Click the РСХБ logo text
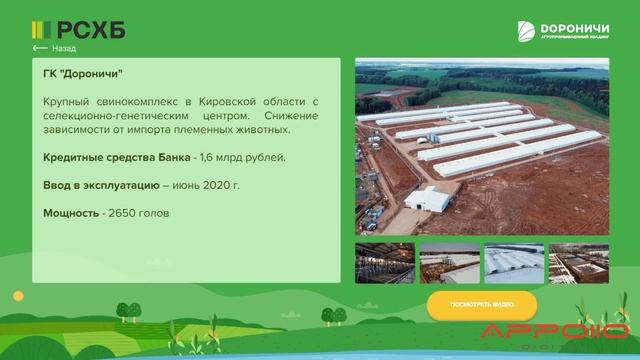[90, 30]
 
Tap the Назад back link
[63, 48]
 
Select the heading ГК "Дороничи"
[83, 74]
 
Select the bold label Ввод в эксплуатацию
[101, 185]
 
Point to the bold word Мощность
[70, 213]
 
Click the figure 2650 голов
[140, 213]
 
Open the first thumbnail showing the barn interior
[384, 263]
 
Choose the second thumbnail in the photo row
[449, 263]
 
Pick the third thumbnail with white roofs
[514, 263]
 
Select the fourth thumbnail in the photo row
[578, 263]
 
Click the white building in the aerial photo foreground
[427, 199]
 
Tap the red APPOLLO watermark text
[555, 333]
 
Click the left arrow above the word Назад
[40, 48]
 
